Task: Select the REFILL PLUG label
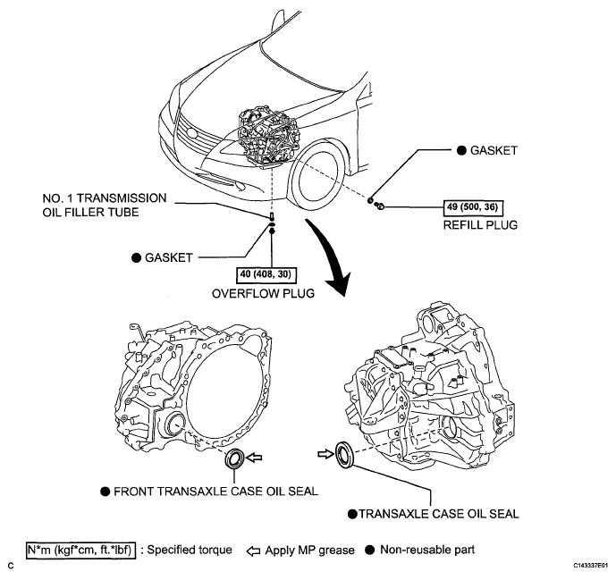[480, 225]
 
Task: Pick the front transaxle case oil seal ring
[236, 459]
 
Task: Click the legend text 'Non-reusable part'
[427, 548]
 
